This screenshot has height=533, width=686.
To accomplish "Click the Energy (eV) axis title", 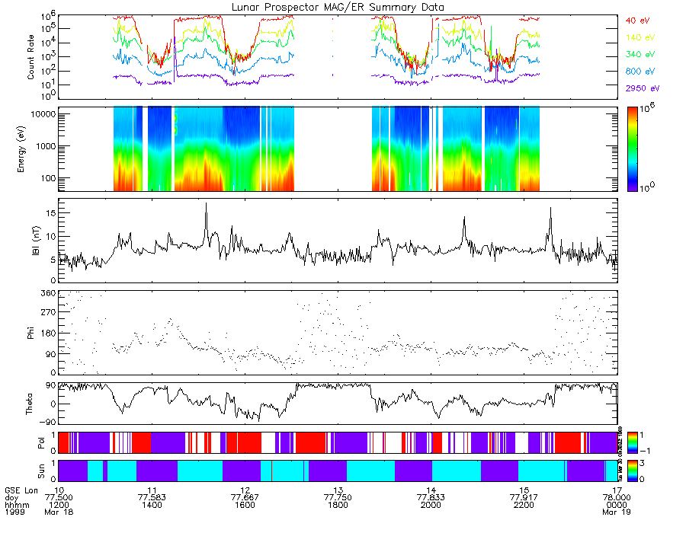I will click(31, 148).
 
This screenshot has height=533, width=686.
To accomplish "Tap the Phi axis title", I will click(31, 333).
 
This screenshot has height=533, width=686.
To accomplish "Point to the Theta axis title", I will click(31, 404).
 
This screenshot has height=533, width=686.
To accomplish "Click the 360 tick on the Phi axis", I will click(48, 293).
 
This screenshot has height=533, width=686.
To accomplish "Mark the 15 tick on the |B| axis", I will click(49, 213).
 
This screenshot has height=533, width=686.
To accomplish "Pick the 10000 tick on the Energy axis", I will click(41, 113).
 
